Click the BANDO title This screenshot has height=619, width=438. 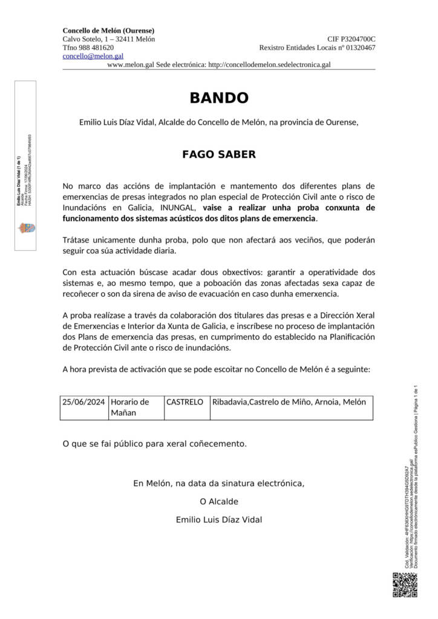[x=219, y=98]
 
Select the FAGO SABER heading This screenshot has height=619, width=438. [x=219, y=154]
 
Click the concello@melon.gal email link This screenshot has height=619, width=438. [x=93, y=56]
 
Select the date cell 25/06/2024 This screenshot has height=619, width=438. [x=83, y=402]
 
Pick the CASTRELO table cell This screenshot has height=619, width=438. [x=185, y=402]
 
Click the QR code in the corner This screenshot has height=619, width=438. [x=405, y=585]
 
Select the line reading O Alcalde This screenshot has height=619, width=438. [x=219, y=501]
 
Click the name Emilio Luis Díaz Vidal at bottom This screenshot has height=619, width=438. [x=219, y=519]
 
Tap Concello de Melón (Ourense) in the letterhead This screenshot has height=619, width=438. [x=108, y=30]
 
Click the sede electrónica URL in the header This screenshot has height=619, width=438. [x=269, y=65]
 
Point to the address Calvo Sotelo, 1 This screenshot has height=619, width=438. [x=108, y=39]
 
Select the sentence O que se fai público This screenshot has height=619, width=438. [x=155, y=444]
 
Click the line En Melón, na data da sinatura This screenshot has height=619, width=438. [x=219, y=483]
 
